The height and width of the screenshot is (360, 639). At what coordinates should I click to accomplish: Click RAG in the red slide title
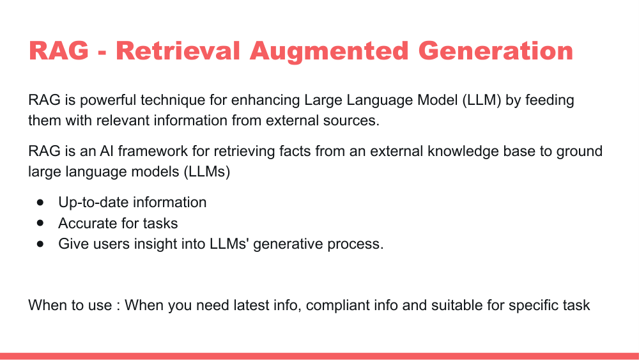coord(59,51)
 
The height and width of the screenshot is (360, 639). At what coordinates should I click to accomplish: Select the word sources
coord(353,120)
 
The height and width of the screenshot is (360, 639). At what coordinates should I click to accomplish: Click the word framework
coord(140,152)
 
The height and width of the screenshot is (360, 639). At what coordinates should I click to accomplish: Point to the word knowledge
coord(465,152)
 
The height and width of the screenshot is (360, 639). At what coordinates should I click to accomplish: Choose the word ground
coord(578,152)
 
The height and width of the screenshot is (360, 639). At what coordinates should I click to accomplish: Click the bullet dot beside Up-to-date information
coord(41,203)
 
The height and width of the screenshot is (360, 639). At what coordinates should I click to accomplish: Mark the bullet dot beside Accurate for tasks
coord(41,223)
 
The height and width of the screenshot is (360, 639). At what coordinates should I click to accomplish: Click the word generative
coord(288,244)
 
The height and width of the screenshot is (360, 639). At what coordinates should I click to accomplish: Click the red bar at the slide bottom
coord(319,356)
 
